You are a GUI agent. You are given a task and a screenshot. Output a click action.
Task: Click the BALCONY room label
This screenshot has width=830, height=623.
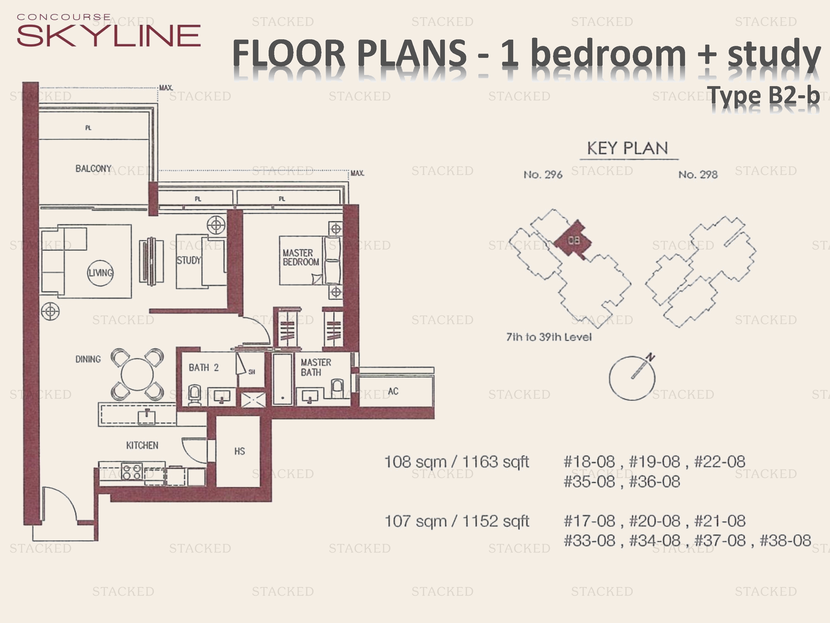tap(94, 169)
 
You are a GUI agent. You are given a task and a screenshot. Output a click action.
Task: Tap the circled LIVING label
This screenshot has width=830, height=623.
tap(100, 273)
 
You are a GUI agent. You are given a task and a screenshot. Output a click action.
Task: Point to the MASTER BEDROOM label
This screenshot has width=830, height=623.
tap(301, 258)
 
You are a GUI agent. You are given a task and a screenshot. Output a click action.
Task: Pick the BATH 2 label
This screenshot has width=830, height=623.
tap(203, 368)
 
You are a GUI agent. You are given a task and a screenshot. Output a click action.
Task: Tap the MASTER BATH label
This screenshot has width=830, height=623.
tap(316, 367)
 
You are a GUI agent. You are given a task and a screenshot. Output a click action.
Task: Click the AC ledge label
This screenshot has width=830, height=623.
tap(393, 391)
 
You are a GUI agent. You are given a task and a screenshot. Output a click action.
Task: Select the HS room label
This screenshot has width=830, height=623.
tap(239, 451)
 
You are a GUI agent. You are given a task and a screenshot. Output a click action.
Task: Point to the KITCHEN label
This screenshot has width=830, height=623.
tap(142, 445)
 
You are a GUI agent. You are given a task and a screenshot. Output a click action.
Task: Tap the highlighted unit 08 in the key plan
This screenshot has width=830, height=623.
tap(573, 240)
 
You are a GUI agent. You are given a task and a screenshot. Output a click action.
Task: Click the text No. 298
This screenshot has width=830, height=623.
tap(698, 175)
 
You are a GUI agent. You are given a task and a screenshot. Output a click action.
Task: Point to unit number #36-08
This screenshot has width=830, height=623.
tap(654, 482)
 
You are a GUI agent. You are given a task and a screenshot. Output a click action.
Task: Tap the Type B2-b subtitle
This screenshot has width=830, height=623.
tap(764, 95)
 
